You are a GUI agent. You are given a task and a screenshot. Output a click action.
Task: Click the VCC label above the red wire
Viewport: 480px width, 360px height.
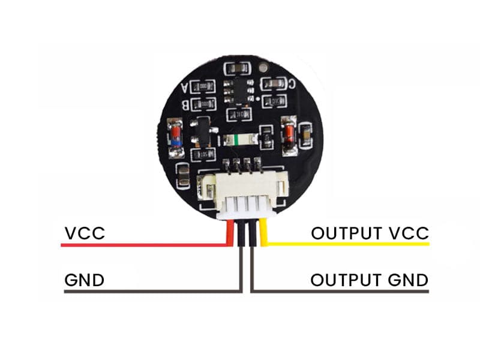click(85, 233)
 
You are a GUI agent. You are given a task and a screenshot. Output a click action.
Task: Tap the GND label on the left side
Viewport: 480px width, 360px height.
click(84, 280)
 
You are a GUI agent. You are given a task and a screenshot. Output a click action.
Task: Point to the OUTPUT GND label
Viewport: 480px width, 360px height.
click(369, 280)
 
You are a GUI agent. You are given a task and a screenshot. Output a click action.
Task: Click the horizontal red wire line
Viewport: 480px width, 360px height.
click(144, 245)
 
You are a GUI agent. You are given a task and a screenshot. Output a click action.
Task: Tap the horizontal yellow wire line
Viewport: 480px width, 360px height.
click(348, 245)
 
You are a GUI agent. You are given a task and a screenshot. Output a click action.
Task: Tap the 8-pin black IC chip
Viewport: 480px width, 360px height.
click(236, 91)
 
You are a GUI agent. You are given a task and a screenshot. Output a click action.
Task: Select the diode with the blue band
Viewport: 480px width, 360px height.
click(176, 137)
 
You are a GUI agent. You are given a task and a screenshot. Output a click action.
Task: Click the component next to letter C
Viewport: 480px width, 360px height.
click(276, 85)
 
